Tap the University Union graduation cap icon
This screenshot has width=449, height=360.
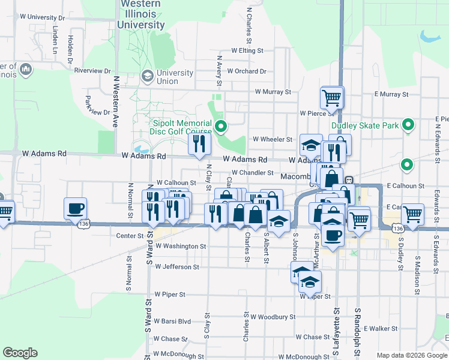[147, 76]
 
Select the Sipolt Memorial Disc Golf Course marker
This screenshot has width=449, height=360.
[221, 126]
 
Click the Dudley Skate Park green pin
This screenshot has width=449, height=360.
[409, 125]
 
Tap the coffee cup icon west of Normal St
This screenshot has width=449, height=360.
[76, 208]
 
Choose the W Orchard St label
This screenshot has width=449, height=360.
[247, 71]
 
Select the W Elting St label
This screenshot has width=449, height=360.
[247, 51]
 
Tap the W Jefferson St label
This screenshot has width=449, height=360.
[176, 266]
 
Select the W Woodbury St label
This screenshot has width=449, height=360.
[273, 316]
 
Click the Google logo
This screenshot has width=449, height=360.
[20, 353]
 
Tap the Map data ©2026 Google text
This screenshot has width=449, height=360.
[412, 355]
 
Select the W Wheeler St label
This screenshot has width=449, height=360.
[272, 139]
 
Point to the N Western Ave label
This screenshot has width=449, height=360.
[114, 101]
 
